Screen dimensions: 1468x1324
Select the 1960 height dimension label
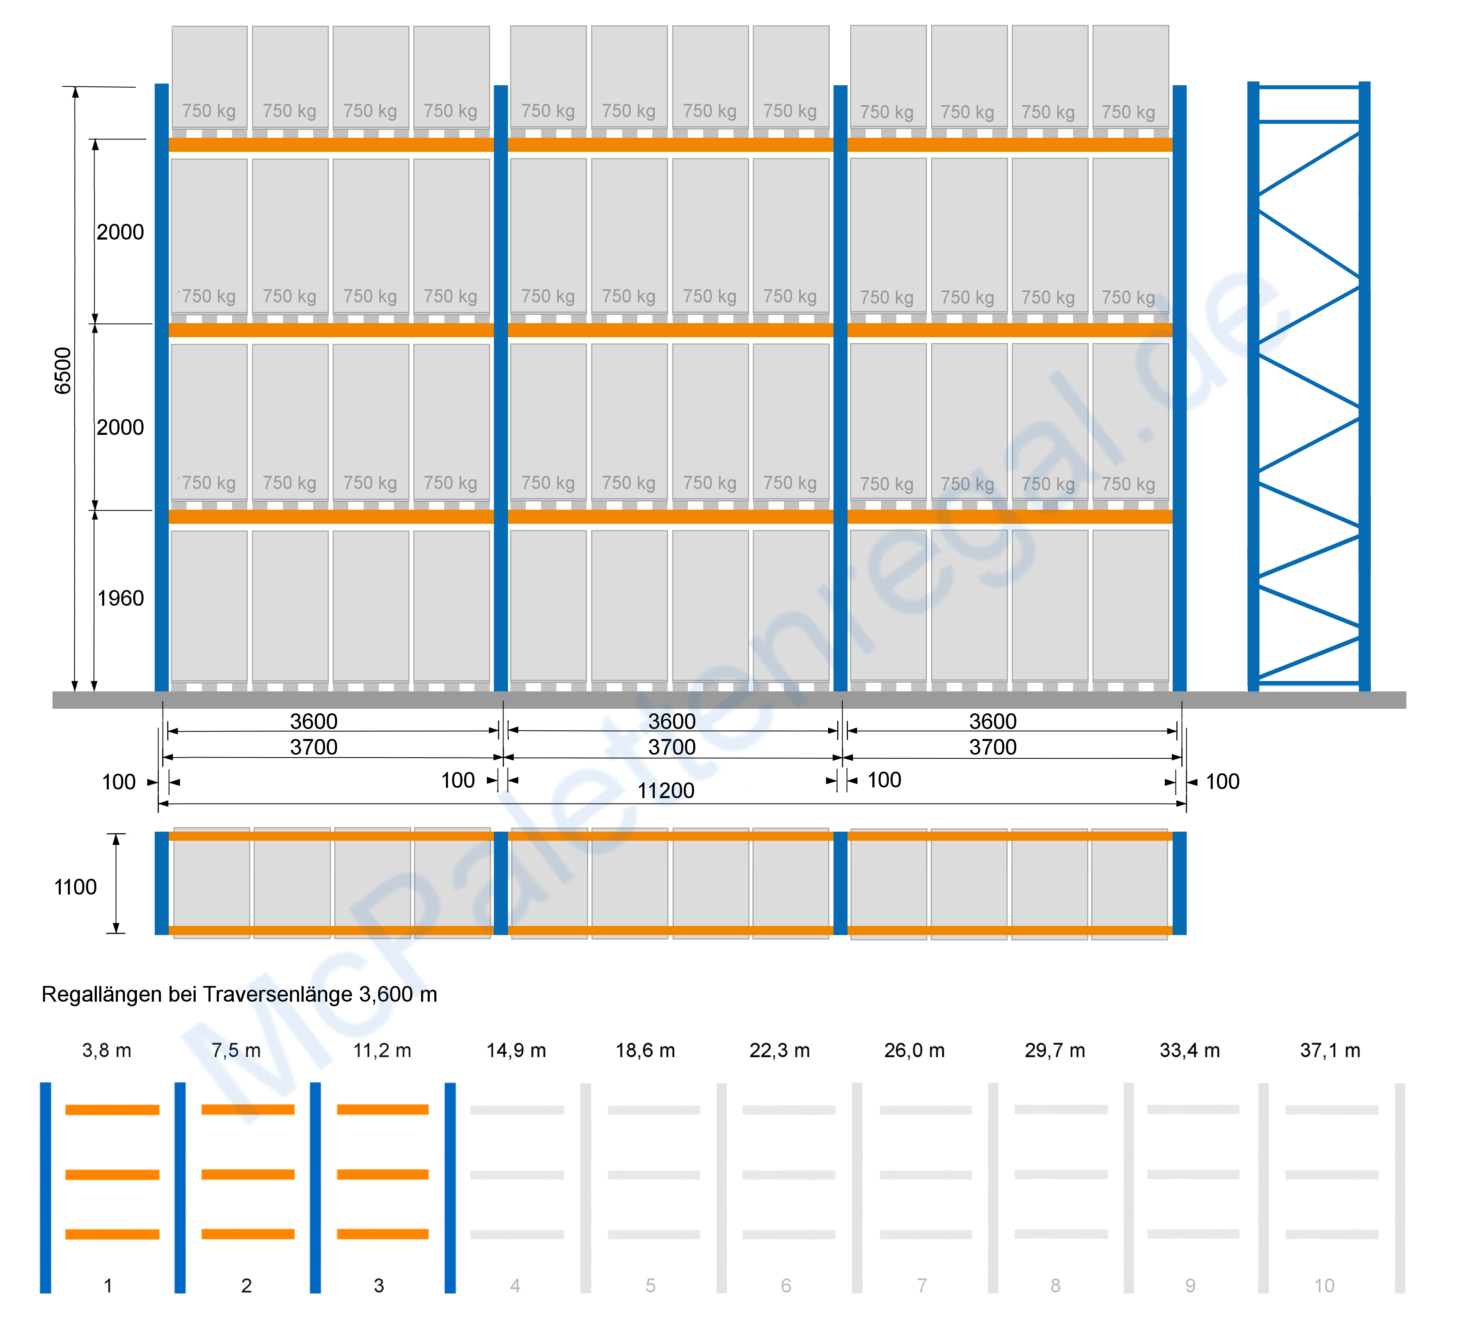(121, 598)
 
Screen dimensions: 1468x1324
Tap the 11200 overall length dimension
(666, 791)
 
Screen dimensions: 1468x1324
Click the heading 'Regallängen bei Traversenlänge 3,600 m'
(239, 995)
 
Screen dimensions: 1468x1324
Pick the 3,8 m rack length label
(107, 1051)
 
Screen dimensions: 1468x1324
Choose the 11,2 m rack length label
(383, 1051)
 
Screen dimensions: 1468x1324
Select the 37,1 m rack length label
(1330, 1051)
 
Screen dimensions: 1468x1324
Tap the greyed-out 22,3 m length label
(779, 1051)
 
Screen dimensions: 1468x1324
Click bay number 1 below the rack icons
(108, 1286)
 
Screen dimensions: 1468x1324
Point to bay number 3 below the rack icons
(379, 1286)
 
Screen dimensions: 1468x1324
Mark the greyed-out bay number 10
(1324, 1286)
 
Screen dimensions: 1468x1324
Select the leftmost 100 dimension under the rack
(119, 782)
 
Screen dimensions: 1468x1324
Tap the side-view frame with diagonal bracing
(1309, 386)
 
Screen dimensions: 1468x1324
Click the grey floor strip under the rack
(728, 700)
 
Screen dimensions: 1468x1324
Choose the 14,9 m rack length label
(516, 1051)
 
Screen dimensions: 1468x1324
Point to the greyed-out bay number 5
(651, 1286)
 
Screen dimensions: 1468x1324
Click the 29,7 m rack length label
(1055, 1051)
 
